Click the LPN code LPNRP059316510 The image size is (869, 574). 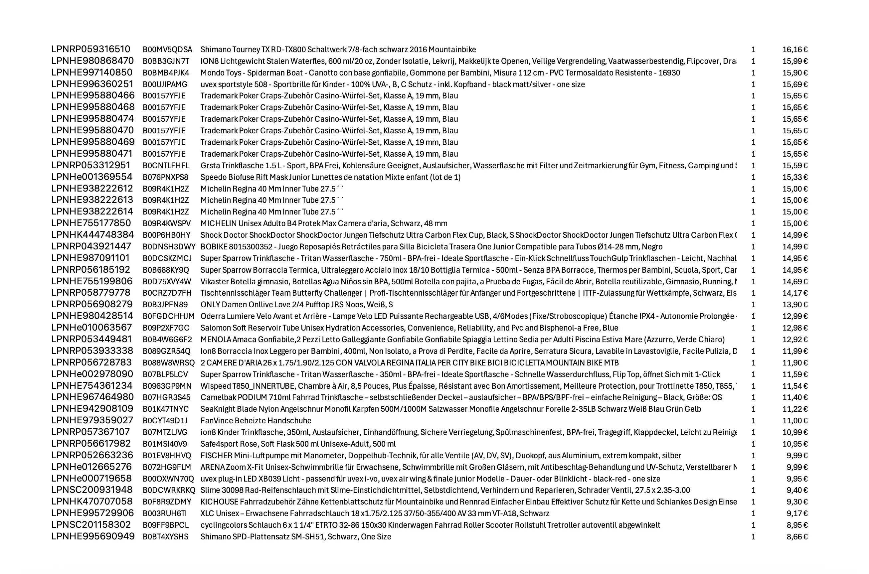(91, 49)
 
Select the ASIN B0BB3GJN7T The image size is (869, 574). (166, 61)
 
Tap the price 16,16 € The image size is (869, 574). (795, 50)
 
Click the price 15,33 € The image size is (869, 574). (795, 177)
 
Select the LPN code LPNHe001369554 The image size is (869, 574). (92, 177)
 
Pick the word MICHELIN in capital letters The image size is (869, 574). (218, 223)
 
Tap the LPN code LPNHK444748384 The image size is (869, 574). (92, 235)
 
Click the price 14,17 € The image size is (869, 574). (795, 293)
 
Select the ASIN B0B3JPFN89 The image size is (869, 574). (165, 305)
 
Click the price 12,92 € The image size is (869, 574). (795, 339)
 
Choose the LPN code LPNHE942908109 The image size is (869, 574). (92, 408)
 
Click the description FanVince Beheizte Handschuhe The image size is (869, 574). (256, 421)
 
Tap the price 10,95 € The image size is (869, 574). (795, 444)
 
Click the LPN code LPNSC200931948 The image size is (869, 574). (92, 490)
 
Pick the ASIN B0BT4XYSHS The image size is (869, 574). (166, 537)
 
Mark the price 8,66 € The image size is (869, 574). (797, 537)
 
